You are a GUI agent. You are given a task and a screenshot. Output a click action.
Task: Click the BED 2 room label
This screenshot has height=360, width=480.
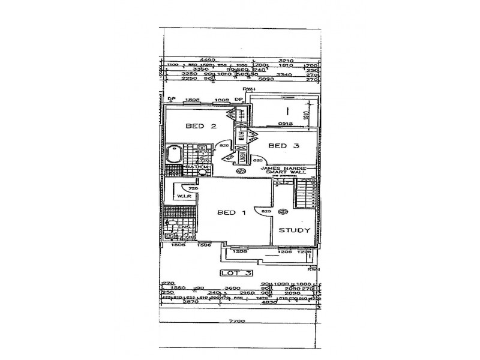(x=200, y=126)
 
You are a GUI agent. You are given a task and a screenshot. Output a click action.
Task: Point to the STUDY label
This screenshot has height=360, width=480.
(x=294, y=230)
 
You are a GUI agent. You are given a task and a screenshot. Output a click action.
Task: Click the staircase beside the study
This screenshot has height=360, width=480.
(x=306, y=196)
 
